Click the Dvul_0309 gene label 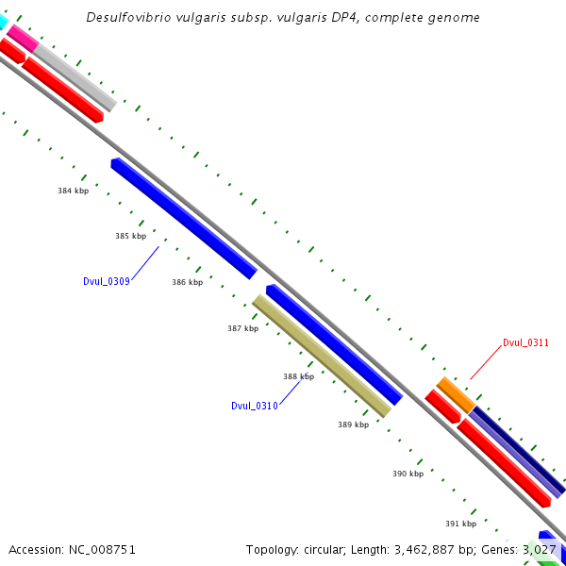tap(106, 281)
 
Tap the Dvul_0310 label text tap(254, 406)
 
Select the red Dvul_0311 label tap(525, 342)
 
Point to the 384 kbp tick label tap(73, 191)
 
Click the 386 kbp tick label tap(187, 282)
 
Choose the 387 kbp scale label tap(242, 328)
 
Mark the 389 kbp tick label tap(353, 424)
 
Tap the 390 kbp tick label tap(408, 474)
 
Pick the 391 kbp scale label tap(460, 524)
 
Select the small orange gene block tap(456, 393)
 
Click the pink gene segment tap(22, 38)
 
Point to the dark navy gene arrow tap(519, 453)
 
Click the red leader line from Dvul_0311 tap(485, 363)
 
